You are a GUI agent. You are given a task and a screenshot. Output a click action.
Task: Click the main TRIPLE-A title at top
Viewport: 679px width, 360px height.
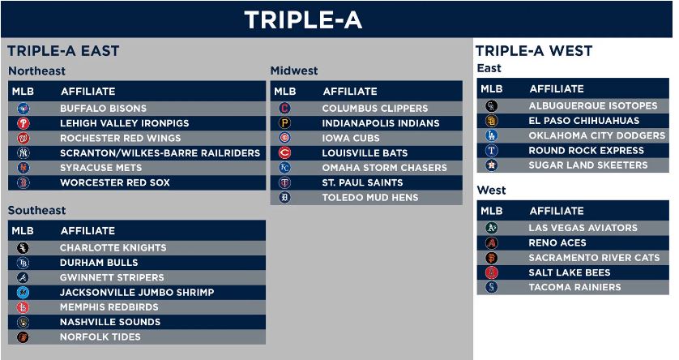point(303,20)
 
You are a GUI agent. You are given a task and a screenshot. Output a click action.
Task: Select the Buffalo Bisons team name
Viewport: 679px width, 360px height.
point(104,109)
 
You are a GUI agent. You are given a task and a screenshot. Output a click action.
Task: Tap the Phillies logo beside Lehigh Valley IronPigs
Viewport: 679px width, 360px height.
point(23,123)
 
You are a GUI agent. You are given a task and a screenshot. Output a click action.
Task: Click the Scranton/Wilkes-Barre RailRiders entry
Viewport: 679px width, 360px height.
point(160,153)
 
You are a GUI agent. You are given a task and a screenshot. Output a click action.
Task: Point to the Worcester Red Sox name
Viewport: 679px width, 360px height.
point(115,182)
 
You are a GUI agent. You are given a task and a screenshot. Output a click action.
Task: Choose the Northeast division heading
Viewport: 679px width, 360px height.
point(36,71)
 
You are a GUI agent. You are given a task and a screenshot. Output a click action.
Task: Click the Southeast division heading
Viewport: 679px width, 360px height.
point(36,210)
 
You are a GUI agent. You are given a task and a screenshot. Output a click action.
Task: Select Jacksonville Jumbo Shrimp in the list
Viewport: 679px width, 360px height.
point(137,293)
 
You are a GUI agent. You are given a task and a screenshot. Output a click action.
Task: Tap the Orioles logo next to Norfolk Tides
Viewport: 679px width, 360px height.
point(23,336)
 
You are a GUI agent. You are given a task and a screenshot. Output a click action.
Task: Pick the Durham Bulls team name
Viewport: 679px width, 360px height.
point(99,263)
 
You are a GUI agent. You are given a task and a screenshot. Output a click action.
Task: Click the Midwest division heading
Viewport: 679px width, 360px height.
point(294,71)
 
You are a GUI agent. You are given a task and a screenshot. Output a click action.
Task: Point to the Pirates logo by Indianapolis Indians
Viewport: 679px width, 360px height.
point(284,123)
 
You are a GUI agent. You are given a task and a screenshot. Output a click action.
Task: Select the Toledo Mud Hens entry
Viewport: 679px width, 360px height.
point(370,198)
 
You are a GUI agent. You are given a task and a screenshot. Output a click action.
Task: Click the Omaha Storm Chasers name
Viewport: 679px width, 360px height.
point(385,168)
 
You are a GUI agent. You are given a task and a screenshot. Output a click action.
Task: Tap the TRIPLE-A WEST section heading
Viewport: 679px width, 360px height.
point(534,51)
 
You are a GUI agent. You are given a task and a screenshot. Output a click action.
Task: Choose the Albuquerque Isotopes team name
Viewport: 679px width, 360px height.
point(593,105)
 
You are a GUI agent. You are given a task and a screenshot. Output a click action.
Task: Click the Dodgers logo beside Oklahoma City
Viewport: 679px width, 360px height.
point(492,135)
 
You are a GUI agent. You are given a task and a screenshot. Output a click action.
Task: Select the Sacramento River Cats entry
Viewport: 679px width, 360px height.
point(594,258)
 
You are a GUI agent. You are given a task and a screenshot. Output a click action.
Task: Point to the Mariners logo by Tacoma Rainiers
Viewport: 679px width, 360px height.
point(492,287)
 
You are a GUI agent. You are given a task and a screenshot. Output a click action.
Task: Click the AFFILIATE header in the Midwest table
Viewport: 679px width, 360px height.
point(350,92)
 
